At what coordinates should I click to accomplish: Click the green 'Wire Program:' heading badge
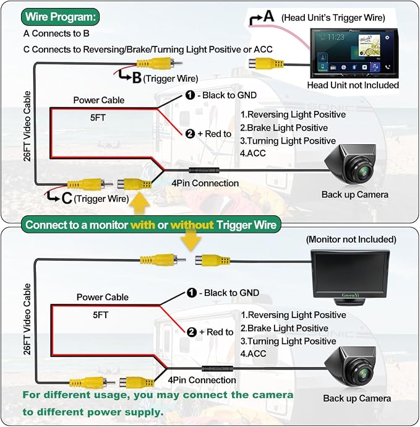point(60,17)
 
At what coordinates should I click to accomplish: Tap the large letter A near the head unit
point(268,16)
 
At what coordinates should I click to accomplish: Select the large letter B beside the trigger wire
point(136,78)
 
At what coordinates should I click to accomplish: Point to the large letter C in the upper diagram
point(67,198)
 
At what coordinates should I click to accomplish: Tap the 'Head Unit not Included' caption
point(353,85)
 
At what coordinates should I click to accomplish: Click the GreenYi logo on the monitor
point(350,295)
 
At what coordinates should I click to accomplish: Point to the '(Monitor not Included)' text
point(351,239)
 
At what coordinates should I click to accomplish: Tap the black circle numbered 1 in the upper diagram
point(190,95)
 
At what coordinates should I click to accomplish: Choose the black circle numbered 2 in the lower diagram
point(192,332)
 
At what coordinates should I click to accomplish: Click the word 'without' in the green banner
point(192,225)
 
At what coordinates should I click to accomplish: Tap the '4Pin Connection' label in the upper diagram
point(205,183)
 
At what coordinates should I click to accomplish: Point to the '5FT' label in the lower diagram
point(100,315)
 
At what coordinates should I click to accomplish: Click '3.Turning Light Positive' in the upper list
point(288,141)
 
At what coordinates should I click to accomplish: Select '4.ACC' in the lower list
point(253,353)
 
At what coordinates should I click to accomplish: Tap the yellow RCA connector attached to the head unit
point(267,64)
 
